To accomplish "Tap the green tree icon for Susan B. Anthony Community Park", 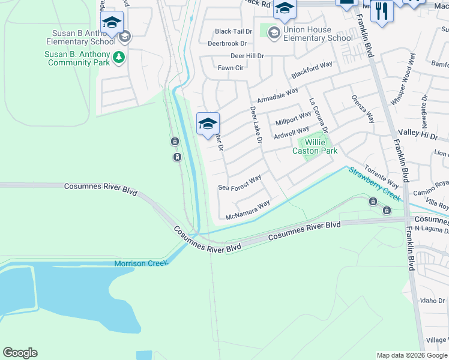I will coord(119,57).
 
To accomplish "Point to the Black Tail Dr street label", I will coord(234,31).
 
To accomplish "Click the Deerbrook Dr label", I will coord(227,43).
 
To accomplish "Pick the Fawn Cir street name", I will coord(231,68).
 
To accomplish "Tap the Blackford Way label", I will coord(312,70).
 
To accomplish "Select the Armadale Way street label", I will coord(277,95).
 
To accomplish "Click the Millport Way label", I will coord(293,118).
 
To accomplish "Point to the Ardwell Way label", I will coord(291,133).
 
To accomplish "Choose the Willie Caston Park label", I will coord(315,146).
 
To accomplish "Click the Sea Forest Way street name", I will coord(240,182).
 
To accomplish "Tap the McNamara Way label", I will coord(247,211).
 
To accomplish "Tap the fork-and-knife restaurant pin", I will coord(382,10).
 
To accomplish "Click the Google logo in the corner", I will coord(20,353).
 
